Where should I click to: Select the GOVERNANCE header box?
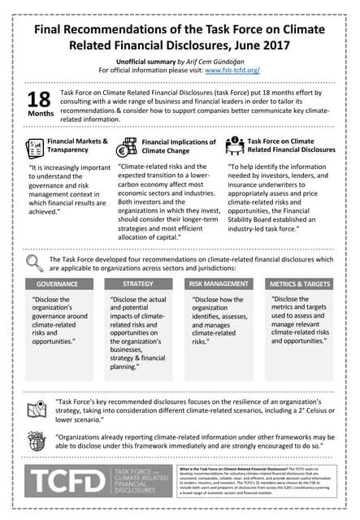click(57, 284)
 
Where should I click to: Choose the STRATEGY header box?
click(137, 284)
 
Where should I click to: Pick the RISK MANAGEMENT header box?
click(218, 284)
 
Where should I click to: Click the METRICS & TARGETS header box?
click(299, 284)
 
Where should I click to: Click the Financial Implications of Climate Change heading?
click(171, 145)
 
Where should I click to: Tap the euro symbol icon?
click(128, 147)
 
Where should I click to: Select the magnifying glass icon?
click(35, 261)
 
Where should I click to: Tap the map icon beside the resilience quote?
click(35, 410)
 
